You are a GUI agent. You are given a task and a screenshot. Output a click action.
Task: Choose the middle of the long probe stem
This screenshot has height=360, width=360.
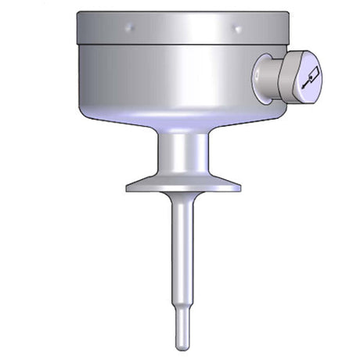tap(182, 258)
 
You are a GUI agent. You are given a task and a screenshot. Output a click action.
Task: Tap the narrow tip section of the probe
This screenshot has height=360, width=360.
tap(182, 329)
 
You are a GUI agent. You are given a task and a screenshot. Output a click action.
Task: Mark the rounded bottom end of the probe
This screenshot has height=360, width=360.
tap(182, 347)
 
